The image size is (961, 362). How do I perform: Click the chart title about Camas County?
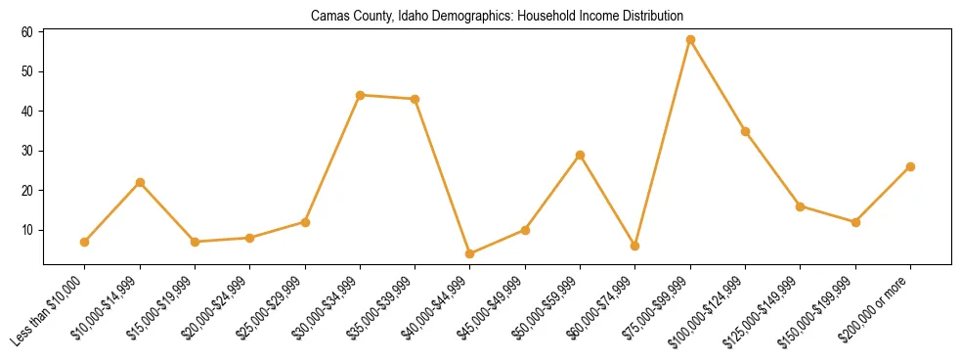[497, 17]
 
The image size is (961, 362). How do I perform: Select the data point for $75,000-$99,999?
[690, 40]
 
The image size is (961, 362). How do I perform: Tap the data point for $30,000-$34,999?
[360, 95]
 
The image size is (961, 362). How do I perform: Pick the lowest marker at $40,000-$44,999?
[470, 253]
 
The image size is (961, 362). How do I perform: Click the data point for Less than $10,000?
[85, 242]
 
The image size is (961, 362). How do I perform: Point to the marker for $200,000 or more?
[910, 166]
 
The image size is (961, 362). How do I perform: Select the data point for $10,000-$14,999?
[140, 182]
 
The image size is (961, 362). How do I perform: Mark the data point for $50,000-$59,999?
[580, 155]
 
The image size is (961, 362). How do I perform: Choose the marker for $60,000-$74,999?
[635, 246]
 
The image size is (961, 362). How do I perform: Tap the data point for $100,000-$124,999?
[745, 131]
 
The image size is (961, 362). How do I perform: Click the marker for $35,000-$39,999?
[415, 99]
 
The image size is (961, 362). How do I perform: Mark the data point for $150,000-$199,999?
[855, 222]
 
